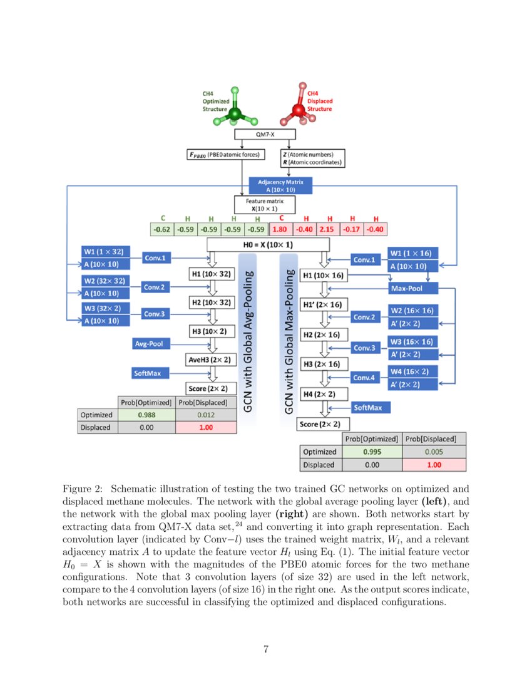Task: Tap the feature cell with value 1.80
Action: coord(281,229)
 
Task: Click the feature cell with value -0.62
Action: coord(162,229)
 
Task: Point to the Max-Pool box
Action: coord(412,289)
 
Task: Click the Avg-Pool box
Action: coord(148,344)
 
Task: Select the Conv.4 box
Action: coord(364,378)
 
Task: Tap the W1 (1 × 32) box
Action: coord(105,252)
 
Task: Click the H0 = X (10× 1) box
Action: coord(268,245)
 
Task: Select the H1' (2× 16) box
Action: coord(323,305)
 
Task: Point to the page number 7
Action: coord(266,649)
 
